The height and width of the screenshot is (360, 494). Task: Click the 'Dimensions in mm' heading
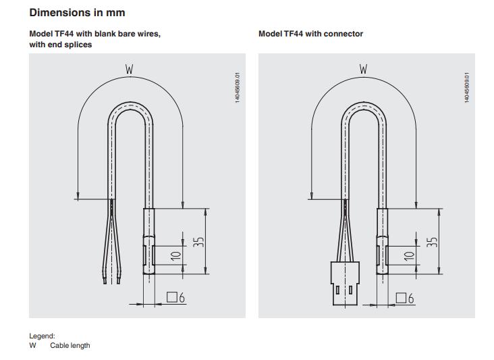77,12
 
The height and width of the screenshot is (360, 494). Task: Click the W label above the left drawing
130,69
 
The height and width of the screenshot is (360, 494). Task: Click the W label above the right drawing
364,69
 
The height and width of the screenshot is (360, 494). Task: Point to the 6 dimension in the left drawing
182,297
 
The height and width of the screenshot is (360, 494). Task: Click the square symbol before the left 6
171,297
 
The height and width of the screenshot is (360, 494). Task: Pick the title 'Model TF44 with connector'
310,34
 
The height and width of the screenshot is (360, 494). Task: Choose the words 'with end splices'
60,45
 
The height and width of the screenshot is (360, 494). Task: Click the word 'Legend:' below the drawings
42,336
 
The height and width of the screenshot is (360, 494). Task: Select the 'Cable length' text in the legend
70,345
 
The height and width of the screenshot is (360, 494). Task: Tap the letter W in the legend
32,345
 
